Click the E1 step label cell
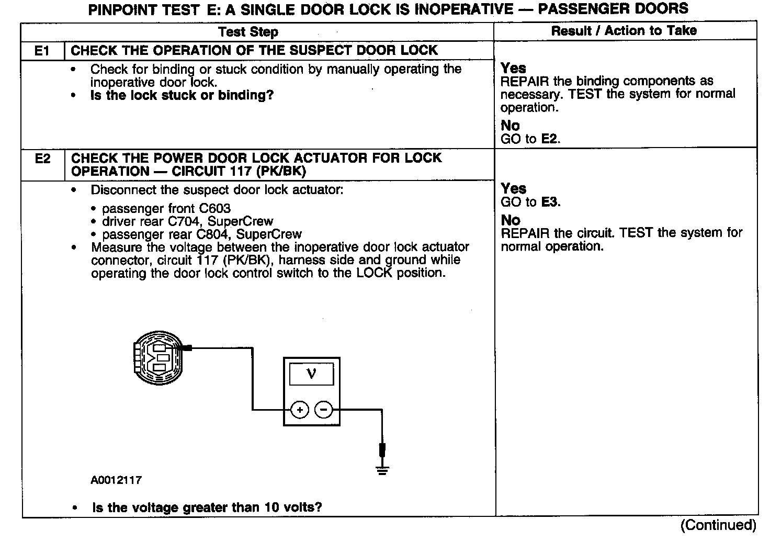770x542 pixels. tap(42, 51)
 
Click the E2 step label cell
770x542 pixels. tap(42, 159)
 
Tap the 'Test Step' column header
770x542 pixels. tap(248, 32)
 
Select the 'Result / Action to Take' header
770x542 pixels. tap(624, 30)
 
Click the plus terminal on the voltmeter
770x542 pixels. tap(300, 410)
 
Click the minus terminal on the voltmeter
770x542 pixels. tap(324, 410)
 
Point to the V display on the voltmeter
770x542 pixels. tap(311, 374)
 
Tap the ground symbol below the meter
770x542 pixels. tap(383, 470)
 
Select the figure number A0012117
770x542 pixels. tap(116, 480)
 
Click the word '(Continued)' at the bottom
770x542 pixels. tap(718, 525)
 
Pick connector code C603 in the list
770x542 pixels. tap(214, 208)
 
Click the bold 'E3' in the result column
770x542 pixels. tap(550, 202)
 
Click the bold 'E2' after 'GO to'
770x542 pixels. tap(550, 139)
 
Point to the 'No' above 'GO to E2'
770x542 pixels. tap(510, 126)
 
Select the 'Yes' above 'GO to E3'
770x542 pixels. tap(513, 188)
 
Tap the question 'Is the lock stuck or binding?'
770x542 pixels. tap(182, 95)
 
